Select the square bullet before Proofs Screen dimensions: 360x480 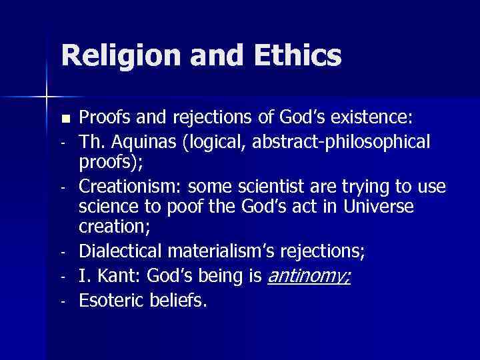(x=65, y=119)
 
